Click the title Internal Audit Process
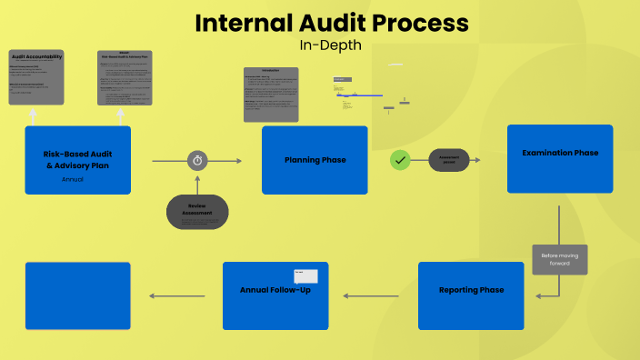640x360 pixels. (333, 23)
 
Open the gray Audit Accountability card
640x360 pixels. (36, 77)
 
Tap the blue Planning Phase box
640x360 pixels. (315, 160)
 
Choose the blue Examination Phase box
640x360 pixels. (560, 159)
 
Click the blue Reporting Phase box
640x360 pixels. (471, 295)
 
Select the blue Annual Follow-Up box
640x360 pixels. (275, 295)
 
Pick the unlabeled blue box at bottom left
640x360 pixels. (78, 295)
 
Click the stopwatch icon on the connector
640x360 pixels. (198, 161)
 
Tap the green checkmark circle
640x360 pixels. (400, 161)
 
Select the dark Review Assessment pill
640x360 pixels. (197, 212)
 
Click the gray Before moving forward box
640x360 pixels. (560, 259)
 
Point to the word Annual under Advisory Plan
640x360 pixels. (73, 180)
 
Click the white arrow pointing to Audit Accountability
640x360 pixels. (33, 115)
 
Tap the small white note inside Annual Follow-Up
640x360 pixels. (305, 276)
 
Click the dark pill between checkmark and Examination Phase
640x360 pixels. (449, 161)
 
